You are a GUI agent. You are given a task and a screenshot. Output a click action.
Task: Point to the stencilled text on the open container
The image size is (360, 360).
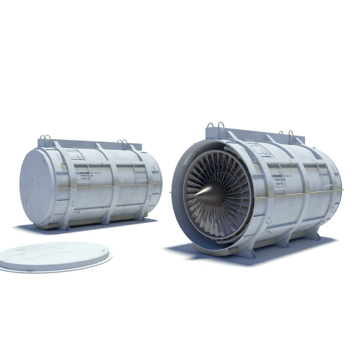[x=285, y=179]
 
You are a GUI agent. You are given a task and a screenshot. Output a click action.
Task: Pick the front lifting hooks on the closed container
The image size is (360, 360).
[x=45, y=139]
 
